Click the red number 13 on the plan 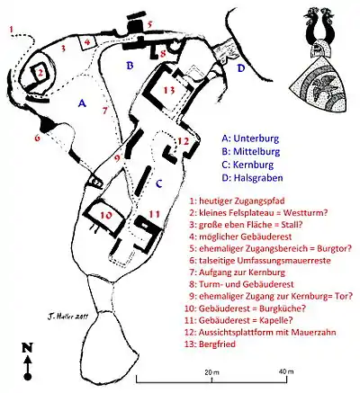pos(169,90)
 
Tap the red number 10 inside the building pos(106,215)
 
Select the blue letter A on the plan pos(82,103)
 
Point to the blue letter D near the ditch pos(241,68)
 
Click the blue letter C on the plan pos(159,183)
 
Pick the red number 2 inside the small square pos(40,72)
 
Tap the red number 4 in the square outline pos(87,42)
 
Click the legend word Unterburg pos(256,138)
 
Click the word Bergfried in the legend pos(217,344)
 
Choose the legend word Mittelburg pos(256,152)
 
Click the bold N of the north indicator pos(27,348)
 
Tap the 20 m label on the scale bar pos(211,372)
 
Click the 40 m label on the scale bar pos(286,371)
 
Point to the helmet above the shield pos(320,49)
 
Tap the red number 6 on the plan pos(37,138)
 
